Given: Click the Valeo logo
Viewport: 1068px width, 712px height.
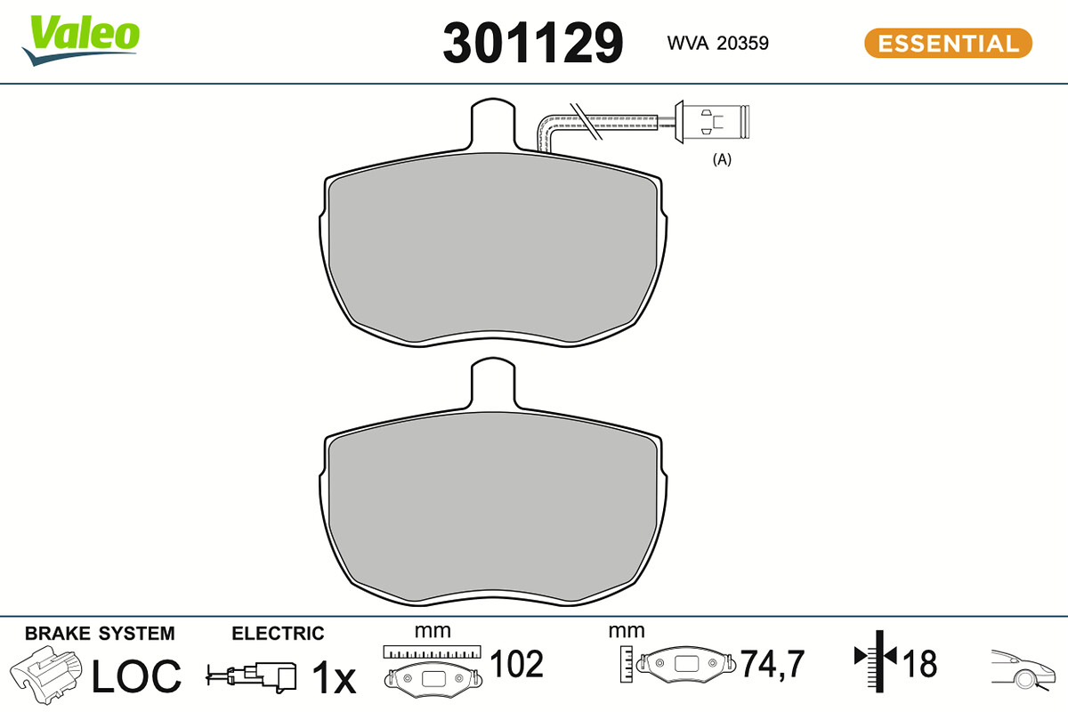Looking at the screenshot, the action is (81, 40).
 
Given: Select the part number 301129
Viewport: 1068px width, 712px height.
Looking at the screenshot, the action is (533, 43).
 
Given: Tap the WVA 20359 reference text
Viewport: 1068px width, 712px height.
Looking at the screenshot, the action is (717, 44).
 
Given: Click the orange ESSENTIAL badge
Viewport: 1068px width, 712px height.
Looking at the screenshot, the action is (949, 44).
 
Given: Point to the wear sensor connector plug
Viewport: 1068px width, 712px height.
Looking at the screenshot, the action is (712, 122).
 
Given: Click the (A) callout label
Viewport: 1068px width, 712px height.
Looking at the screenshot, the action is (722, 159).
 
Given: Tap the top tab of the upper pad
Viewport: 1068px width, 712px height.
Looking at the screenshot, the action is (493, 124).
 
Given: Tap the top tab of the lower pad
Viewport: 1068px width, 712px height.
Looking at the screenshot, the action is (493, 383).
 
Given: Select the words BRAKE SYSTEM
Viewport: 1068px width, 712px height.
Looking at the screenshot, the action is (100, 634).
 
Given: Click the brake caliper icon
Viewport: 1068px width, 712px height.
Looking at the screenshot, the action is (46, 674).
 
